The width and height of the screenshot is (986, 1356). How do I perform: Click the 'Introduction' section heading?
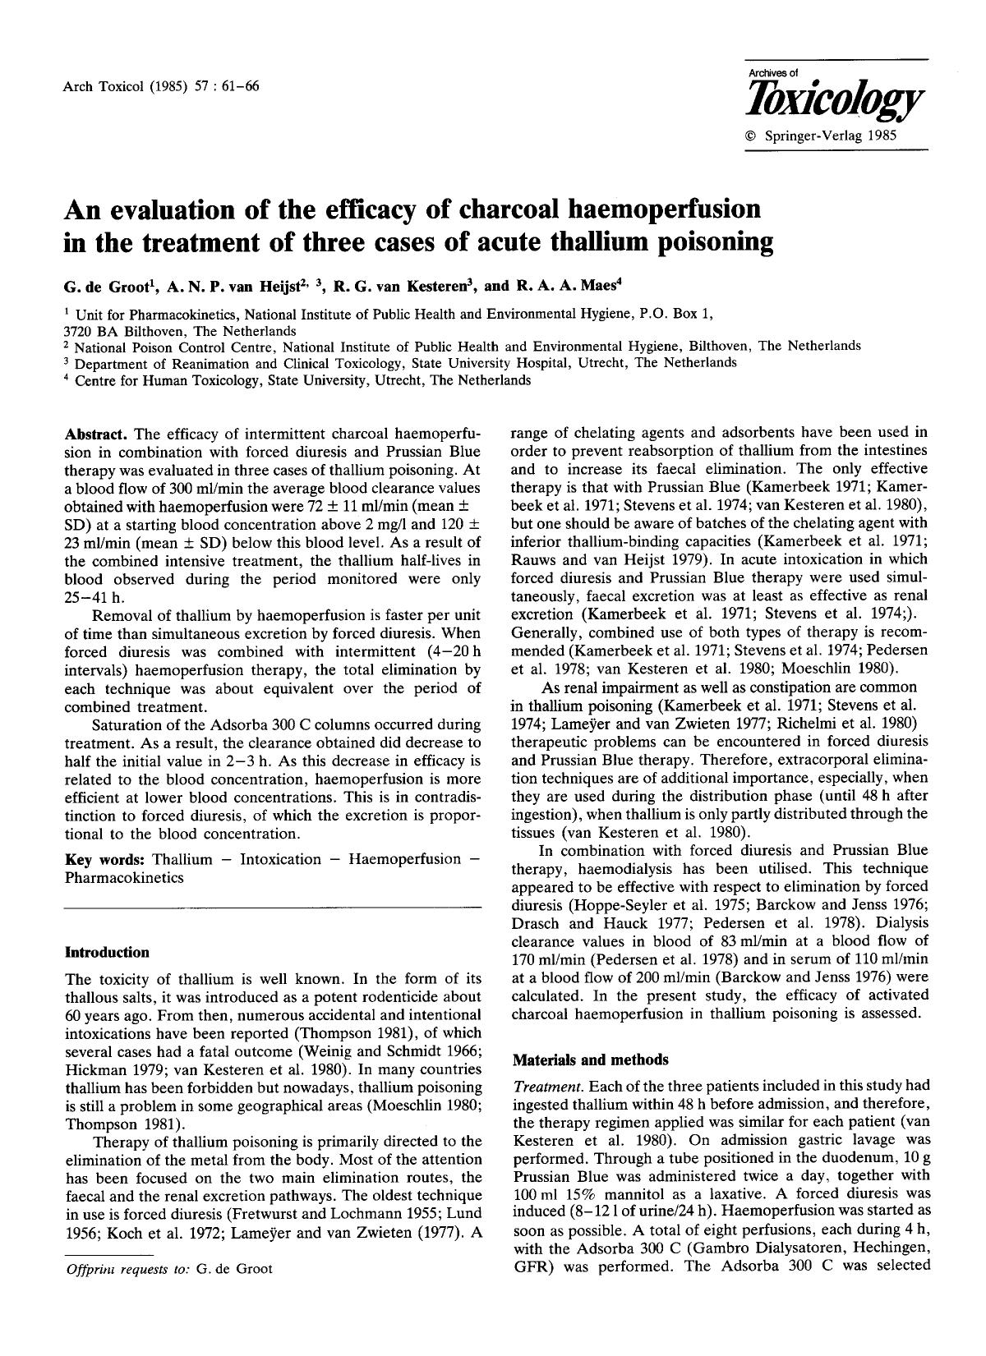coord(107,952)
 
